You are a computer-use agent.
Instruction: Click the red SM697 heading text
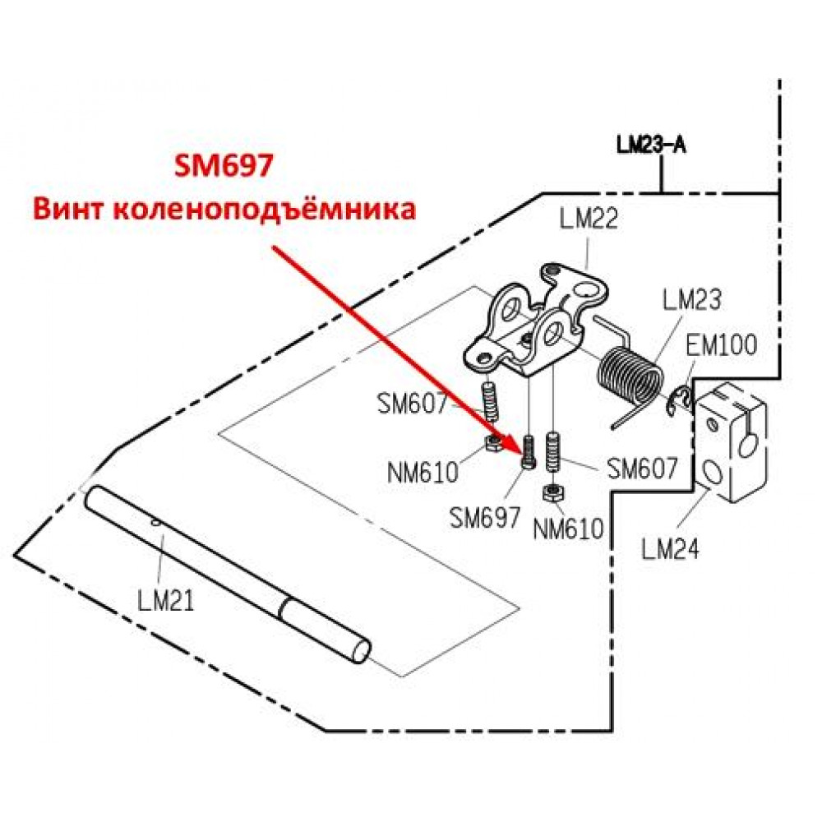[224, 166]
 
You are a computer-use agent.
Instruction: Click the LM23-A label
[651, 145]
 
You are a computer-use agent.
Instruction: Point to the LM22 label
[589, 219]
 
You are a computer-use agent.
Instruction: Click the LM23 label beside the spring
[692, 300]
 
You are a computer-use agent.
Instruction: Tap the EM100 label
[722, 345]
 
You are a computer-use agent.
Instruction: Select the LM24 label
[671, 549]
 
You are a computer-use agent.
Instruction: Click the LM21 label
[166, 600]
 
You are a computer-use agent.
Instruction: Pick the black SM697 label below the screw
[485, 518]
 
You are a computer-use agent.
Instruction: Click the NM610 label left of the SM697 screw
[423, 473]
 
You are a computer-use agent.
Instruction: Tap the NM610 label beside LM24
[569, 529]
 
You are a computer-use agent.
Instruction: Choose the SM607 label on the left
[413, 404]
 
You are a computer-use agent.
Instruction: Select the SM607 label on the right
[643, 469]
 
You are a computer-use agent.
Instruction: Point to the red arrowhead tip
[521, 454]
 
